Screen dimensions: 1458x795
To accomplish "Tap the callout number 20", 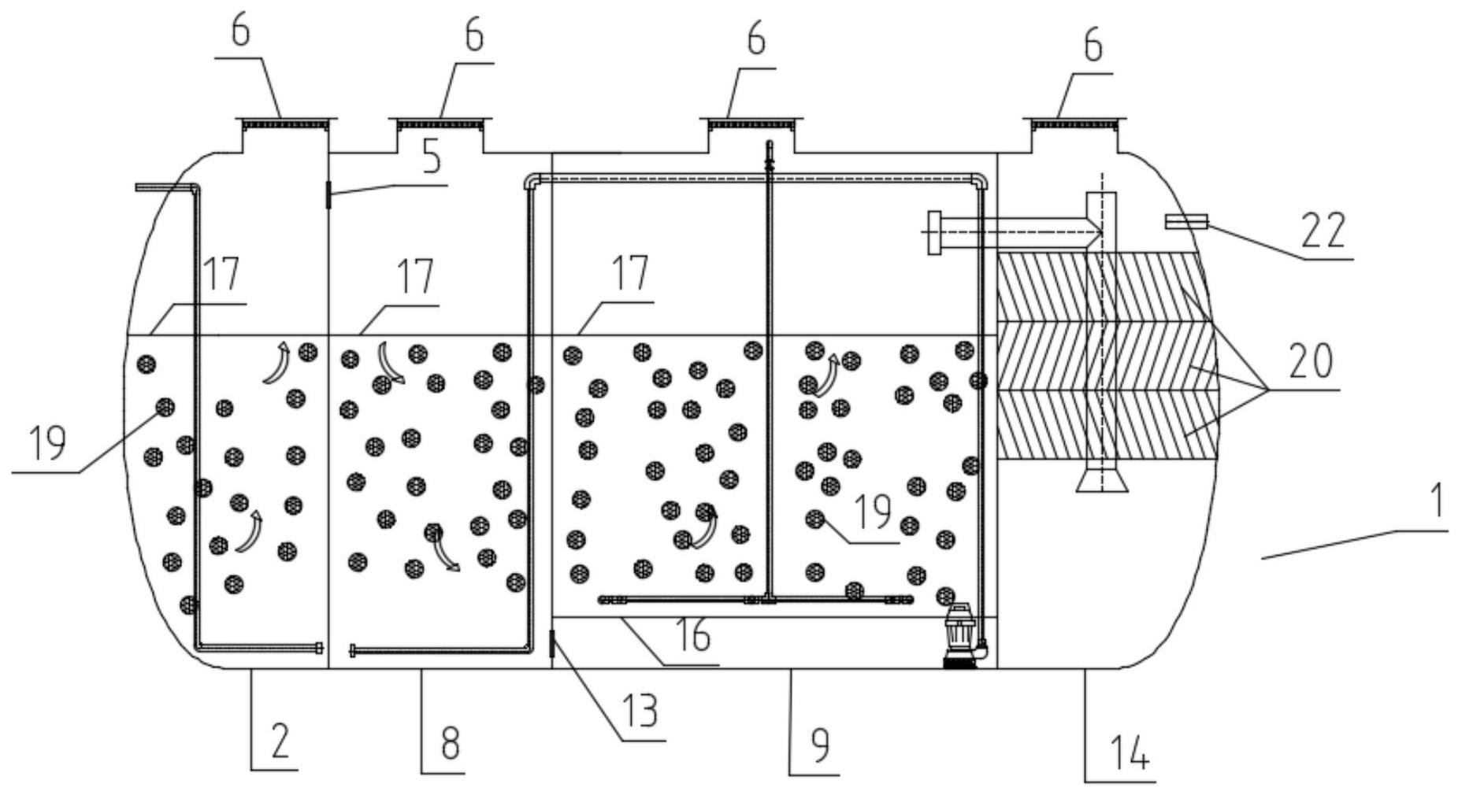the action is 1311,361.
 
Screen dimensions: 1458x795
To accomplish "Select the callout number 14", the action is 1130,752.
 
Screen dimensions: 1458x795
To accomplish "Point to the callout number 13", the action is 640,711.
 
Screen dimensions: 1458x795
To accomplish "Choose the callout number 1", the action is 1436,500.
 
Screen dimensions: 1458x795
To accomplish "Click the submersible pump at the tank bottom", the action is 959,635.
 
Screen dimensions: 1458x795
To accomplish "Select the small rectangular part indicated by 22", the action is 1186,222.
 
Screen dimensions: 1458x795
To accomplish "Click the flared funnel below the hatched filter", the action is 1101,479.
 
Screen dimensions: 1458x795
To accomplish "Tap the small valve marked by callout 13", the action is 552,645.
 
